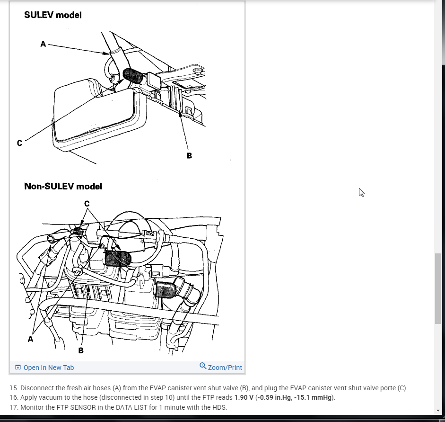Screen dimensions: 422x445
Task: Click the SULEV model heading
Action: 53,15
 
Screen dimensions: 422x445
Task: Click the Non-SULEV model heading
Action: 63,186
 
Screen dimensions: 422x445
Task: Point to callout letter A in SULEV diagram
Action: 43,44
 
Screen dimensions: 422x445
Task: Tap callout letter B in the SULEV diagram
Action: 189,155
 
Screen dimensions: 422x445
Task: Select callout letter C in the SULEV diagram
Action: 19,143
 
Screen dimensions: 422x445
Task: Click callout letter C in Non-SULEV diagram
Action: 87,204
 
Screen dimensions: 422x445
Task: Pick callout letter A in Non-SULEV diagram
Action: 31,339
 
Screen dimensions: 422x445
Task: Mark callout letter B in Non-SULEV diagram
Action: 81,350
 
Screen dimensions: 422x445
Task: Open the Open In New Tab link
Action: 49,368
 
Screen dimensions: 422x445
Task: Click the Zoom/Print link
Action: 225,368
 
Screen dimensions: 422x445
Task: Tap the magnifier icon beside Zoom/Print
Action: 203,366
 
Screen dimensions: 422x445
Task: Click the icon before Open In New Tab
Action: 18,368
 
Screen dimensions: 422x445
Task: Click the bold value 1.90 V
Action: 244,397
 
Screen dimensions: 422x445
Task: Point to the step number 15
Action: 13,388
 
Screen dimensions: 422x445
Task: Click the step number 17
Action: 13,407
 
